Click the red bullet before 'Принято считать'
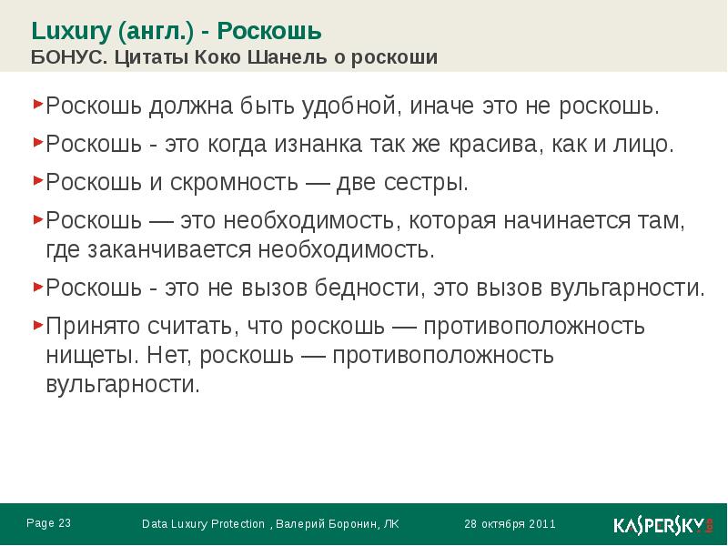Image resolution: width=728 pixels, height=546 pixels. [x=38, y=323]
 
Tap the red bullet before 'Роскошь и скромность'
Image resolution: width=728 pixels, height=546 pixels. [x=38, y=179]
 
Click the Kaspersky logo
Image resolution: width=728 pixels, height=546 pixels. [x=661, y=525]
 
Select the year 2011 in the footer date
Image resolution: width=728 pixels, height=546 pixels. [x=541, y=524]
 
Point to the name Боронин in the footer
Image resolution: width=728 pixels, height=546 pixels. [x=349, y=524]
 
